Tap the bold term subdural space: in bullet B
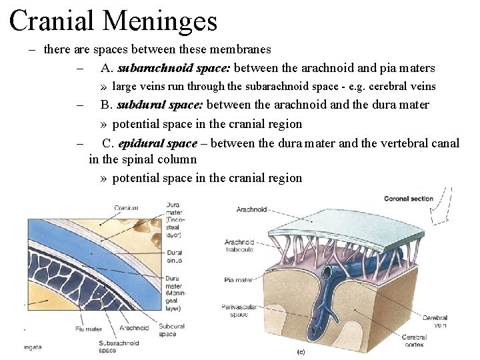pos(161,105)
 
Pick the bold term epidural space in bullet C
pos(157,143)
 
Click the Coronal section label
pos(408,199)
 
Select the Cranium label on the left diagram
pos(126,208)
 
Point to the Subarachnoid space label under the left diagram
pos(119,346)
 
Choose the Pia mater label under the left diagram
pos(88,328)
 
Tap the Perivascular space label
pos(234,311)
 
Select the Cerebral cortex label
pos(414,341)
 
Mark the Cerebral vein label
pos(435,322)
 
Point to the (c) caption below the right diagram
pos(301,351)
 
